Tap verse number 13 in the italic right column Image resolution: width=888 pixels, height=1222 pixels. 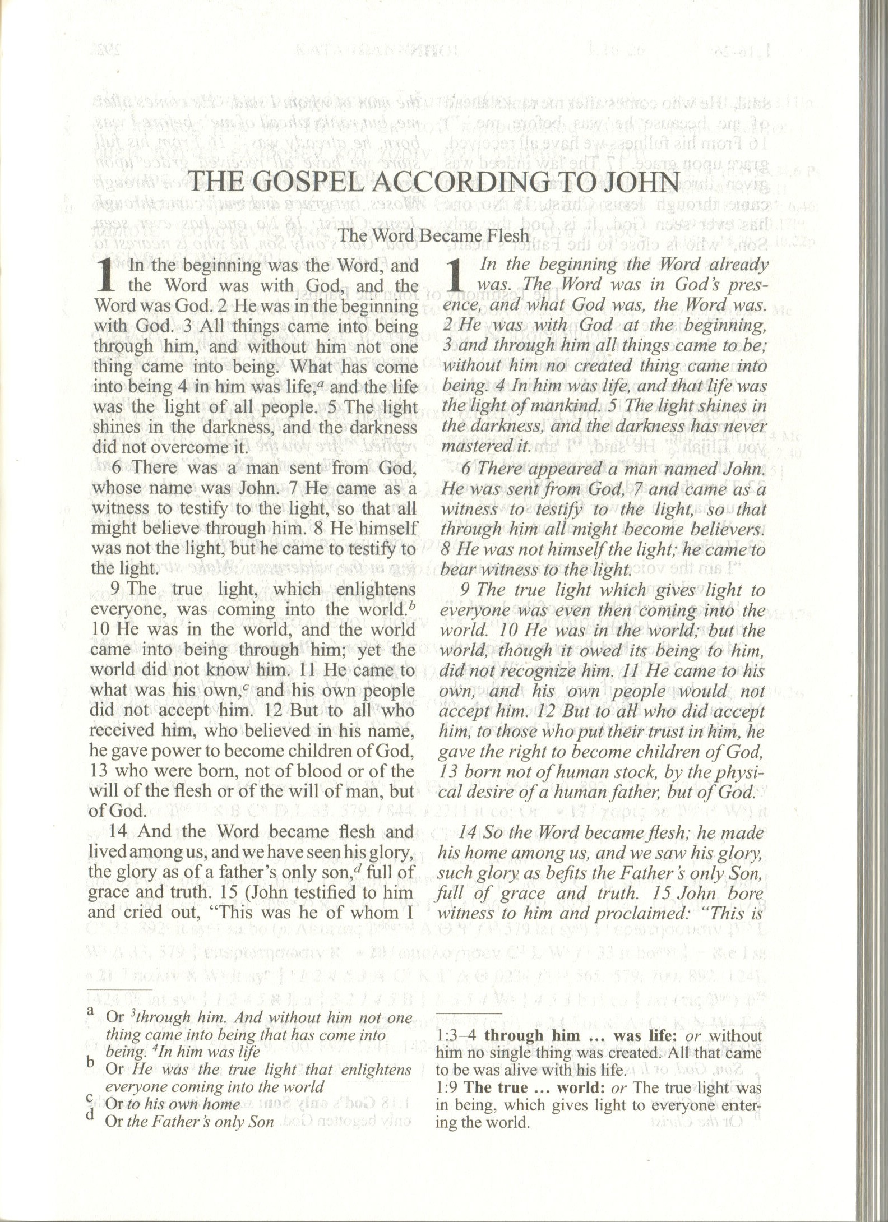450,772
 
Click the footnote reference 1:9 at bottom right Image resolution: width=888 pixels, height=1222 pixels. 446,1087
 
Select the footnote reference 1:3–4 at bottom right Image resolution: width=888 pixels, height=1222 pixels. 456,1035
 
